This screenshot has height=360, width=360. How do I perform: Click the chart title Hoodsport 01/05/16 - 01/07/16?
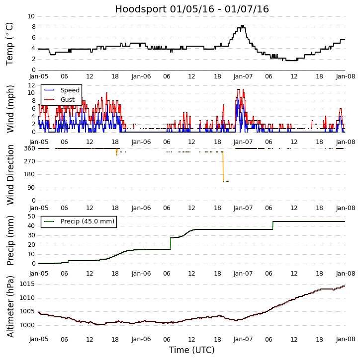tap(192, 9)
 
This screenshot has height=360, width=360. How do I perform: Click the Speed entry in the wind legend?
tap(70, 90)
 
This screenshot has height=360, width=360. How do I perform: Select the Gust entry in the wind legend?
tap(68, 100)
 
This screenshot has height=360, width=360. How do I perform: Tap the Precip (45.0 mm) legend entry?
tap(87, 221)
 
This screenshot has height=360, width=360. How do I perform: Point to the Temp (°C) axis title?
tap(10, 43)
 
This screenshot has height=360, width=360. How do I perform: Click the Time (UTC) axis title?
tap(192, 350)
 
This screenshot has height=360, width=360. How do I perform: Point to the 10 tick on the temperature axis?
tap(31, 16)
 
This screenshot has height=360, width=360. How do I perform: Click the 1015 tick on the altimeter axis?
tap(27, 284)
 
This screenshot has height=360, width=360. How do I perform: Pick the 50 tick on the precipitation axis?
tap(31, 216)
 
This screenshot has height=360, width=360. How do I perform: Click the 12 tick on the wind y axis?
tap(31, 85)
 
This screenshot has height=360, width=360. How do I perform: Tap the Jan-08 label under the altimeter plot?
tap(345, 339)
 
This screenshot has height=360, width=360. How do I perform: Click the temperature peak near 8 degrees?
tap(242, 26)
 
